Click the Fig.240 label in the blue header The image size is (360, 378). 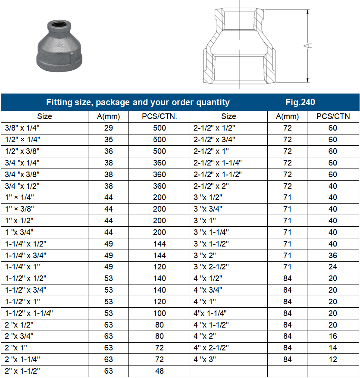pyautogui.click(x=300, y=102)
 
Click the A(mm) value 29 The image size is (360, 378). pyautogui.click(x=109, y=128)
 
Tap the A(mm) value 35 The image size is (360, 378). pyautogui.click(x=109, y=140)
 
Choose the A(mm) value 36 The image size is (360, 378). pyautogui.click(x=109, y=151)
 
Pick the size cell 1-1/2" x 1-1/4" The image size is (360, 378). pyautogui.click(x=29, y=313)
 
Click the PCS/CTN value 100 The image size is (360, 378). pyautogui.click(x=160, y=313)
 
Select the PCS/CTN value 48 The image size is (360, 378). pyautogui.click(x=160, y=371)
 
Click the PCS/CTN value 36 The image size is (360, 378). pyautogui.click(x=333, y=255)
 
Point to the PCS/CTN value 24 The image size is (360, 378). pyautogui.click(x=333, y=267)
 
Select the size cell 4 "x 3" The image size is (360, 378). pyautogui.click(x=205, y=359)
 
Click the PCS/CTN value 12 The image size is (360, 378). pyautogui.click(x=333, y=359)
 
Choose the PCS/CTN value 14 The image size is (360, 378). pyautogui.click(x=333, y=347)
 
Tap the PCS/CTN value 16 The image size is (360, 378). pyautogui.click(x=333, y=336)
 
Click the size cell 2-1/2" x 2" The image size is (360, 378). pyautogui.click(x=211, y=186)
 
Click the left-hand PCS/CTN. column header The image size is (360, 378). pyautogui.click(x=160, y=116)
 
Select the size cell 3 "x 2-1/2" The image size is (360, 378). pyautogui.click(x=211, y=267)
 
